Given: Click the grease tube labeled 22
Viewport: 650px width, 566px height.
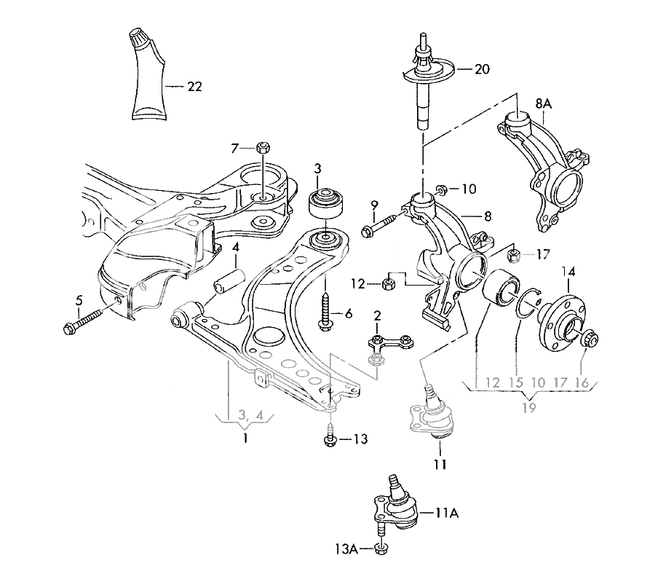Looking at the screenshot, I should pos(150,76).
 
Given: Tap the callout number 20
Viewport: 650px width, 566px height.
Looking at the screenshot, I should pos(483,69).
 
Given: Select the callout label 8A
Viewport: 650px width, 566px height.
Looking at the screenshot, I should pos(544,104).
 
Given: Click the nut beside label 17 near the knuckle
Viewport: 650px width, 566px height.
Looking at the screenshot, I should pos(513,256).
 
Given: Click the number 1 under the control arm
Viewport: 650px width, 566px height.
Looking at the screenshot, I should pos(245,438).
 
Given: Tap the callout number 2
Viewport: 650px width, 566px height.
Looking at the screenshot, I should pos(378,315).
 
